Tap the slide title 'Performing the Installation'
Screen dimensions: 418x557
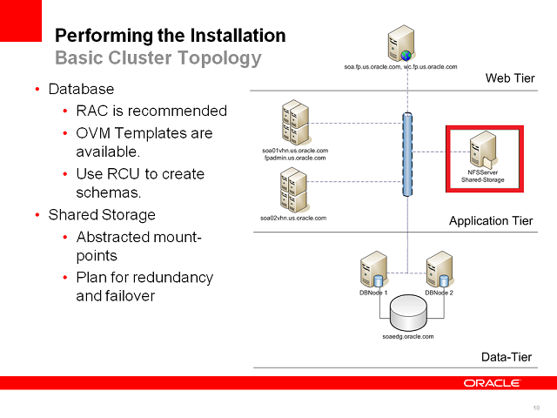170,36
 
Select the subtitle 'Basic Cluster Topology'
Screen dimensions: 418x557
158,58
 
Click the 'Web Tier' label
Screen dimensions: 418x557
509,79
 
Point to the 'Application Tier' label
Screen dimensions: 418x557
491,221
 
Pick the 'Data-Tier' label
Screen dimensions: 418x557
507,358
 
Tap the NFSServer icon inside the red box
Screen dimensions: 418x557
482,152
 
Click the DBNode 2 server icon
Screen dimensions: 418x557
439,269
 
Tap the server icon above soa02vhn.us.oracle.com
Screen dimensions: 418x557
293,189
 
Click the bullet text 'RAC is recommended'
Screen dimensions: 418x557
151,111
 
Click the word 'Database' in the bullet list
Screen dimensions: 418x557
81,89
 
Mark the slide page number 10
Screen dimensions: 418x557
536,408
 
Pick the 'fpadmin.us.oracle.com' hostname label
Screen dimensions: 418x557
295,158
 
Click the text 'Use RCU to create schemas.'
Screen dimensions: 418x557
140,183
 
